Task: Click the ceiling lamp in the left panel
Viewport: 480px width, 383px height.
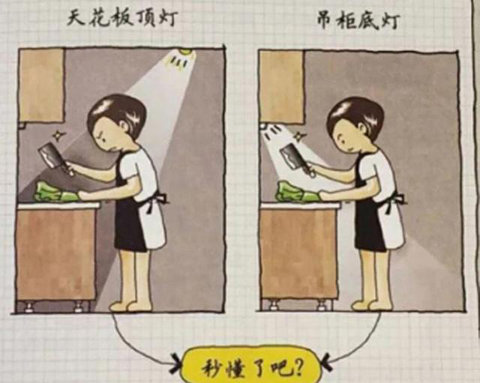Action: coord(185,52)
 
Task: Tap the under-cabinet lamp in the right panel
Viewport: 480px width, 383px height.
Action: coord(263,126)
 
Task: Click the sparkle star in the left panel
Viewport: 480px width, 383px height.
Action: coord(57,135)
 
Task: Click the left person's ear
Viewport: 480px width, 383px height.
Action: coord(125,124)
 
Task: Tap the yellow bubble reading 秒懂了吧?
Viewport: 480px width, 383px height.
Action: coord(252,365)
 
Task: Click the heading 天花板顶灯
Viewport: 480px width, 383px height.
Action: coord(121,19)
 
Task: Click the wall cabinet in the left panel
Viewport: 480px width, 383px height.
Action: coord(42,85)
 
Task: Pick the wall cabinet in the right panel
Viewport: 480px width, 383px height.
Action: coord(282,87)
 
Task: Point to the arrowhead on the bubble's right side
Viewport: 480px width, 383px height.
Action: coord(325,363)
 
